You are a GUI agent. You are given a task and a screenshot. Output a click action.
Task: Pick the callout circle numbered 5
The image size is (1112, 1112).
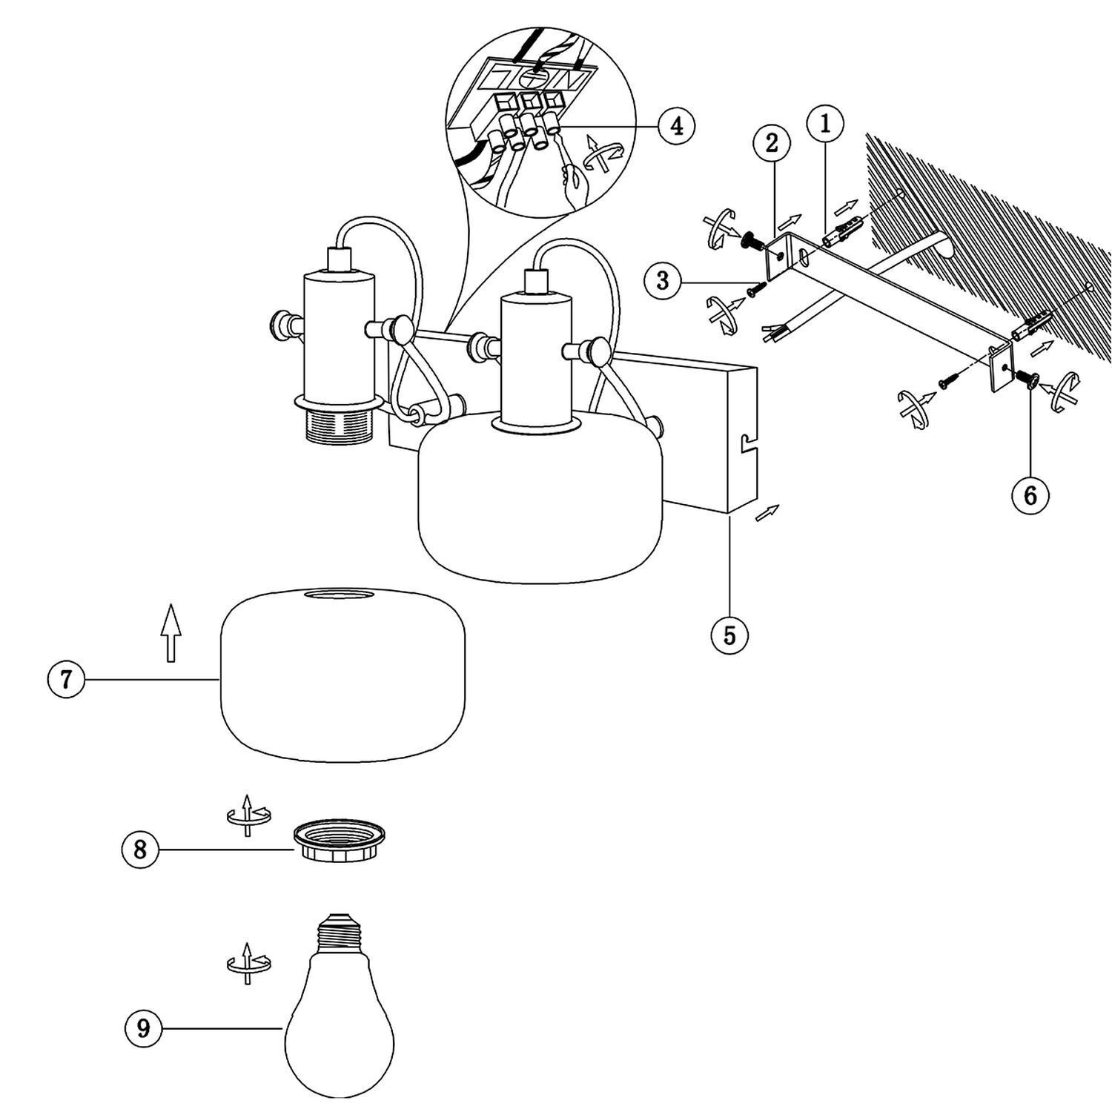729,635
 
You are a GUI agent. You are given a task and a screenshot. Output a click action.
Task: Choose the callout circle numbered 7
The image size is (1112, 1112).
66,679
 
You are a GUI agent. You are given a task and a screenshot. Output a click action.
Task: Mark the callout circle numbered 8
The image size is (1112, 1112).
140,850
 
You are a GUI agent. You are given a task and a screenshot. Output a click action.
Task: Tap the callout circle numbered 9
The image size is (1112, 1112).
144,1028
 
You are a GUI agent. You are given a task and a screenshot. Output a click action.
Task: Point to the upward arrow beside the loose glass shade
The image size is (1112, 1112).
171,632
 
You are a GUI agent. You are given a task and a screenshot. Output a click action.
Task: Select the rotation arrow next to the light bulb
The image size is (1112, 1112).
248,963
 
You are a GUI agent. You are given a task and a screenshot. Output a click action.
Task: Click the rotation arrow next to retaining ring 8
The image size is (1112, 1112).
248,815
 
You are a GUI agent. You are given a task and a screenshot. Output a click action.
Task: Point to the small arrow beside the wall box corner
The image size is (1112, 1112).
767,512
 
